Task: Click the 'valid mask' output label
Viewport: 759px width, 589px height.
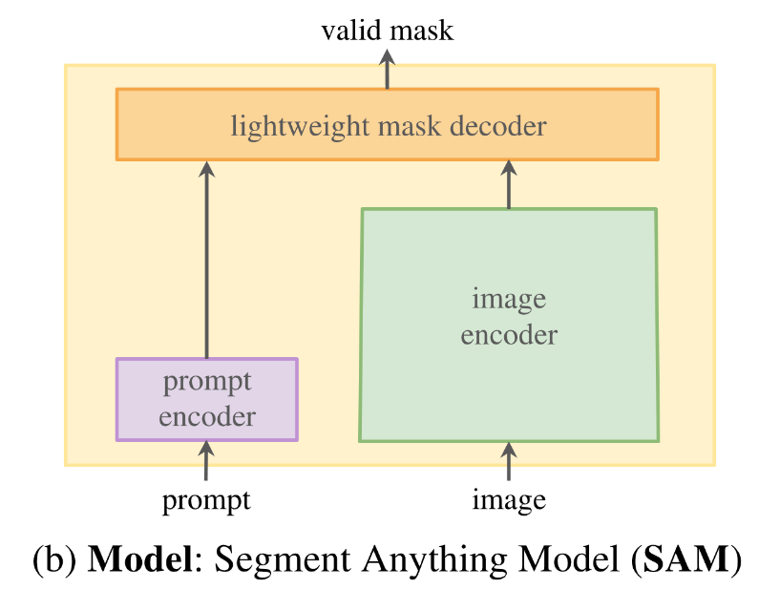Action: point(387,31)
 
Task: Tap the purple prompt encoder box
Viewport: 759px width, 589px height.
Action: point(206,399)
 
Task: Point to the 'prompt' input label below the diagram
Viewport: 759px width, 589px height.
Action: point(206,499)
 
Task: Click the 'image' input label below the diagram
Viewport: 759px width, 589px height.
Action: point(509,499)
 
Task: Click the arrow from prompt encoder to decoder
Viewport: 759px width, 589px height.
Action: point(206,258)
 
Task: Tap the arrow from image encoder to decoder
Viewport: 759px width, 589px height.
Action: point(509,183)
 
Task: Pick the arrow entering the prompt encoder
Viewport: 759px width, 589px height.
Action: point(206,461)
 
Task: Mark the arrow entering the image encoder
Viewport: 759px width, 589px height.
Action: point(509,461)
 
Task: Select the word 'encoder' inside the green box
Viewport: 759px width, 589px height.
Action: point(509,335)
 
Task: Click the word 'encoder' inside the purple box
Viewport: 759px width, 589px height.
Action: point(207,416)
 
